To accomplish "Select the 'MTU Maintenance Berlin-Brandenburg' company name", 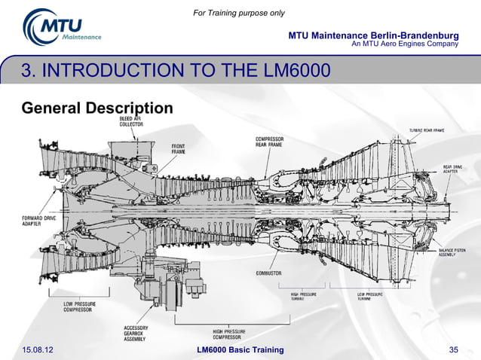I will [374, 35].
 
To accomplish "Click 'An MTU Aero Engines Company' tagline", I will [406, 44].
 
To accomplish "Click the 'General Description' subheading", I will [98, 108].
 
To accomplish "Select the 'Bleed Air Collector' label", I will [132, 122].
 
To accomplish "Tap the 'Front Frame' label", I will [178, 149].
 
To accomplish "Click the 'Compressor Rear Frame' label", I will [269, 143].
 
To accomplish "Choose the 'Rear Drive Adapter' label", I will [452, 169].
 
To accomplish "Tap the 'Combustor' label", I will [268, 273].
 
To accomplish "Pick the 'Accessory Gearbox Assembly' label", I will [136, 334].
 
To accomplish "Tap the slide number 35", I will [454, 349].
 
